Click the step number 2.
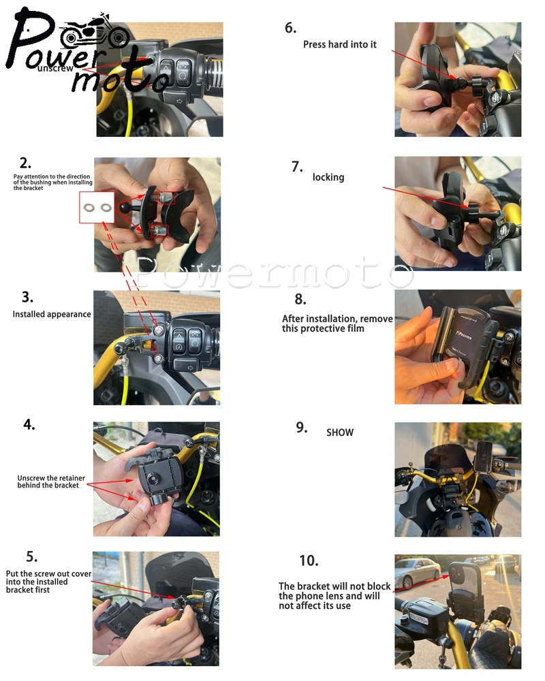tap(25, 163)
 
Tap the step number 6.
tap(290, 28)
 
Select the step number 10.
tap(309, 560)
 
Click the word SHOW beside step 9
tap(340, 432)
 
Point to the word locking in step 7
tap(328, 177)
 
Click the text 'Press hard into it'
tap(340, 44)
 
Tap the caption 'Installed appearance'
tap(52, 314)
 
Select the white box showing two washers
tap(97, 208)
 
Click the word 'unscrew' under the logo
tap(56, 68)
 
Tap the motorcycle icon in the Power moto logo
tap(94, 32)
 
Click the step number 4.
tap(29, 424)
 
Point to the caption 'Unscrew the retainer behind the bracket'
tap(51, 481)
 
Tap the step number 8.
tap(300, 299)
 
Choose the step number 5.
tap(32, 556)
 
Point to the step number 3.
tap(27, 297)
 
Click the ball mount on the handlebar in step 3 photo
tap(119, 348)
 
